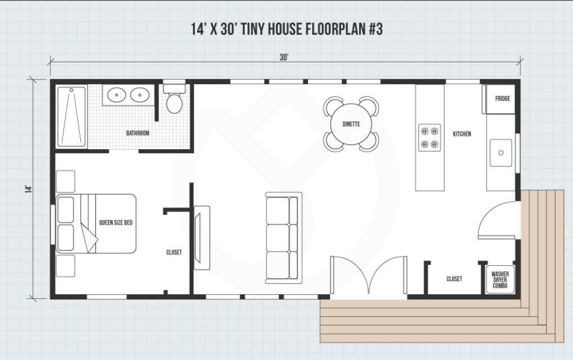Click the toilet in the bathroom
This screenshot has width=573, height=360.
point(174,99)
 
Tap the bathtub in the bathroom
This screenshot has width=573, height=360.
point(72,116)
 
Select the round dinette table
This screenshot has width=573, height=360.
point(351,124)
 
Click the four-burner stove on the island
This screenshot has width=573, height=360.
point(429,137)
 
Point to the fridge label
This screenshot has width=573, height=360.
point(502,99)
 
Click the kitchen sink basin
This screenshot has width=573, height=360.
point(501,153)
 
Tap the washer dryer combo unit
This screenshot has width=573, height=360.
point(500,280)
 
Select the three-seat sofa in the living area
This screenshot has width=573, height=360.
point(284,238)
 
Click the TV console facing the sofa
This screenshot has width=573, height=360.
point(201,238)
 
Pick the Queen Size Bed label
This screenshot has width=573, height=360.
point(116,223)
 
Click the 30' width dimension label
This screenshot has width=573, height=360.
point(284,57)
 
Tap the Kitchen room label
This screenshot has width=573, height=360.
point(462,134)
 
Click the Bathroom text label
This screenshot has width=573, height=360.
point(137,133)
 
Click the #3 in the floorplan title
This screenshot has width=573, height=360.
point(375,29)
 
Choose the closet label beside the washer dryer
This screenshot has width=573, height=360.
point(454,279)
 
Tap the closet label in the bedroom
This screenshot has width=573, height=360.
point(174,252)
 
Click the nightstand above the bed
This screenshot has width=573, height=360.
point(66,181)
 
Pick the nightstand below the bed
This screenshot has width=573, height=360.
point(66,266)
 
